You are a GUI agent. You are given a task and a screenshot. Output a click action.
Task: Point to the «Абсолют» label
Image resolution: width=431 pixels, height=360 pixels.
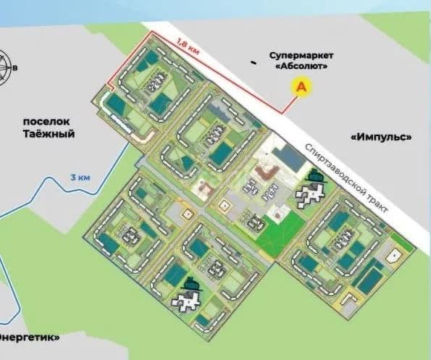click(x=302, y=66)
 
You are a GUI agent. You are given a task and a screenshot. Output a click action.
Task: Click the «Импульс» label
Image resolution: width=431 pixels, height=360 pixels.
click(x=380, y=137)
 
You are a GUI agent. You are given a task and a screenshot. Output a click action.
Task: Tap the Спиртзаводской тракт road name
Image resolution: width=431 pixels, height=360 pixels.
click(x=347, y=176)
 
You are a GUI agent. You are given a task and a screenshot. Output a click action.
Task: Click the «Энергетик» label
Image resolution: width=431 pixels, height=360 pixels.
click(x=29, y=338)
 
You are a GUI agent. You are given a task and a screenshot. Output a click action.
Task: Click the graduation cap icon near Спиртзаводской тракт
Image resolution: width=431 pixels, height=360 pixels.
click(x=314, y=175)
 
